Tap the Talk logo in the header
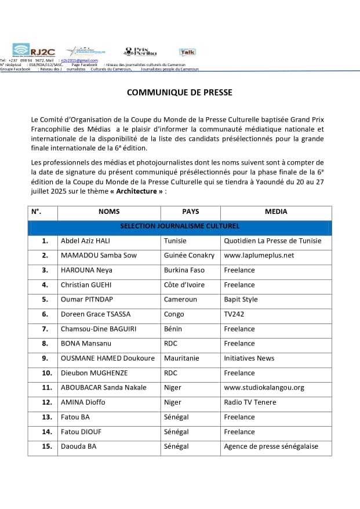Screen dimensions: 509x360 point(187,52)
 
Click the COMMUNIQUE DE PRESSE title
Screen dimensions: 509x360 point(179,92)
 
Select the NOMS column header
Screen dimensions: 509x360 point(109,212)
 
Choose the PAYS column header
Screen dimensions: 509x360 point(191,212)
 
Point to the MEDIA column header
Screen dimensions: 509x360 point(276,212)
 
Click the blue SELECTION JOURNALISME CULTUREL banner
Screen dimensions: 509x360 point(180,226)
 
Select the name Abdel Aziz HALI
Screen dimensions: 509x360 point(85,241)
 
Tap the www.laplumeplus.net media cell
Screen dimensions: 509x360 point(259,255)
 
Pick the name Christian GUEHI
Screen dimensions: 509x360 point(86,285)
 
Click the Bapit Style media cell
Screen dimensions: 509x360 point(241,300)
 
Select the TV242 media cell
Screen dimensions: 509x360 point(233,314)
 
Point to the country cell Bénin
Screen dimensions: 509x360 point(173,329)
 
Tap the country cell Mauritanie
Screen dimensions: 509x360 point(181,358)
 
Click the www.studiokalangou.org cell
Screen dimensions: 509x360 point(264,387)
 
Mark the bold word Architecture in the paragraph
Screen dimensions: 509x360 point(138,192)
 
